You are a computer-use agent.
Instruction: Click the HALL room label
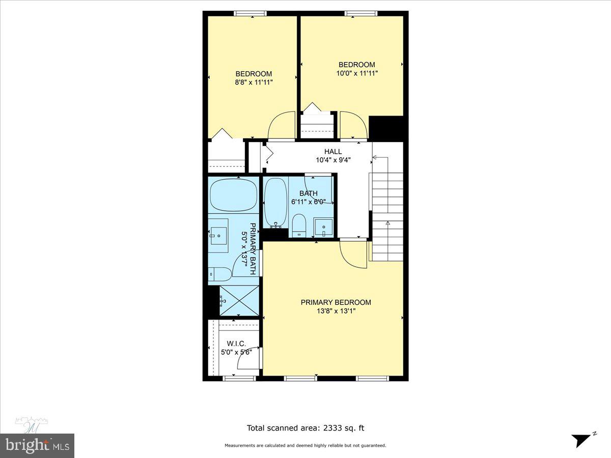333,152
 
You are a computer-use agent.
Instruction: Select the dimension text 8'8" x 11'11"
254,82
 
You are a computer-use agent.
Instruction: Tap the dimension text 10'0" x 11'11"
357,73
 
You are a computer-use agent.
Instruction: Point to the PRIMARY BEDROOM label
336,302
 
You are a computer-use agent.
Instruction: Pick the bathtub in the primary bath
234,195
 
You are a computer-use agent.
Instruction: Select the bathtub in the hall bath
275,201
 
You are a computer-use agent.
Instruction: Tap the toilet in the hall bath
299,225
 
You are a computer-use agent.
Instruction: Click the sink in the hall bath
324,226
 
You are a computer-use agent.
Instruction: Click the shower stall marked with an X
239,300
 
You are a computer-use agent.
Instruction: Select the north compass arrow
581,439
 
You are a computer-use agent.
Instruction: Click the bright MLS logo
37,446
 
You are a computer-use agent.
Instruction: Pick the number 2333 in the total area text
333,428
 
